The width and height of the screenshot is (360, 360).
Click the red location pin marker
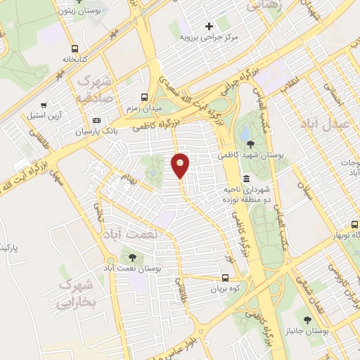click(x=180, y=165)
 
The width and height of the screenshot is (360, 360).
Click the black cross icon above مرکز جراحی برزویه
click(x=208, y=26)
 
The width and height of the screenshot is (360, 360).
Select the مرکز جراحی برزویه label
click(x=207, y=36)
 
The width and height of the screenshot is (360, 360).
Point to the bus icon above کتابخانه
click(x=75, y=49)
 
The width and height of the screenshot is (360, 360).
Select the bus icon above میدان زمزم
click(x=144, y=98)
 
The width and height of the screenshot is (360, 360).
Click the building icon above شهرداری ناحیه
click(x=247, y=179)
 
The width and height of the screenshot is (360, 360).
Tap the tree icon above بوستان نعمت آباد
click(x=133, y=257)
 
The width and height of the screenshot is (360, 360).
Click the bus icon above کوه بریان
click(x=226, y=277)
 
